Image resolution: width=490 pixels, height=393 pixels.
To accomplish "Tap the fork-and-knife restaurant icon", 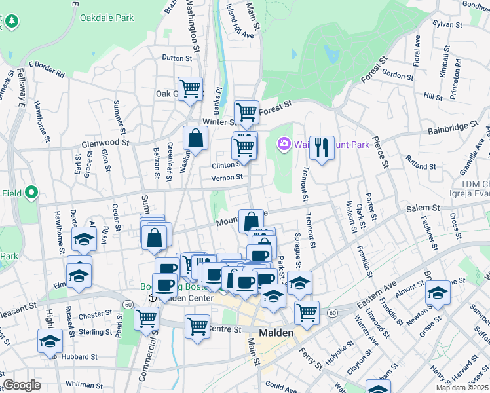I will (x=321, y=147).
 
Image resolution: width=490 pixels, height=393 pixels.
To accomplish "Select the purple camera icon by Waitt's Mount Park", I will (x=284, y=143).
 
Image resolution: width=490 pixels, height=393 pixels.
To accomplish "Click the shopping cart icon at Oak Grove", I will (x=190, y=88).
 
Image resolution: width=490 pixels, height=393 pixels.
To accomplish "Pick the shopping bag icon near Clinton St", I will (x=195, y=138).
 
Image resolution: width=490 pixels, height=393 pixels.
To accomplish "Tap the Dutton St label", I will (x=177, y=58).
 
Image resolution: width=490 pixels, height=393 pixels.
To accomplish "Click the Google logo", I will (x=22, y=385).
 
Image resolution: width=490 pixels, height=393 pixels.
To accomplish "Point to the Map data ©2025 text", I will (x=462, y=388).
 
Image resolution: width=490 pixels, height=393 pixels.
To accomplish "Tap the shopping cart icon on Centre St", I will (x=197, y=326).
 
